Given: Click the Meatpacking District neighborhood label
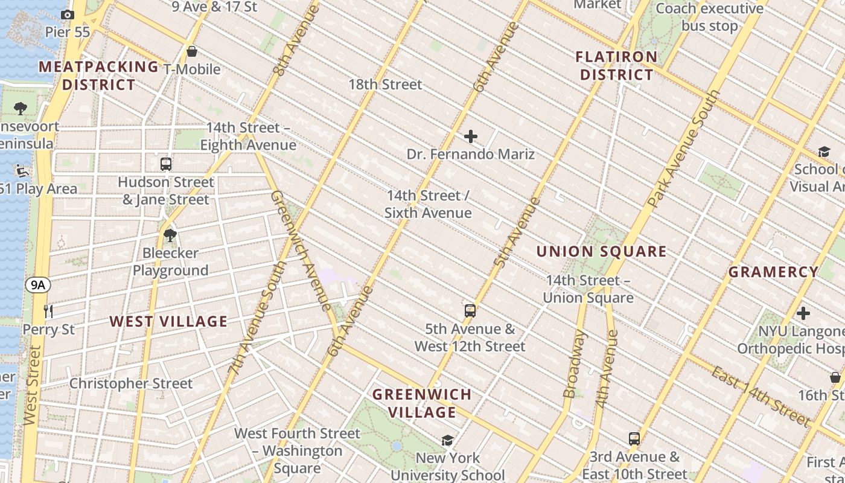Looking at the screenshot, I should [x=99, y=75].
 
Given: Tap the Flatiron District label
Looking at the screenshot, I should [x=616, y=66].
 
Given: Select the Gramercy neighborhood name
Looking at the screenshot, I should [x=773, y=272].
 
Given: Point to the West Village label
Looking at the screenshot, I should [x=168, y=321].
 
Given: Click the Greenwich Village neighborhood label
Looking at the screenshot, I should [x=422, y=403].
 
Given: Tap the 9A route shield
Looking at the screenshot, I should [x=38, y=285].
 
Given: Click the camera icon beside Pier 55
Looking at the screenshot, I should [x=68, y=14].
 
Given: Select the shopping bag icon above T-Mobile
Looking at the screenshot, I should [x=192, y=51].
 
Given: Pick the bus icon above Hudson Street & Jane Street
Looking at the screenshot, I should [x=166, y=164].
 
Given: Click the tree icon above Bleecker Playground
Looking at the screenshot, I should [x=170, y=235].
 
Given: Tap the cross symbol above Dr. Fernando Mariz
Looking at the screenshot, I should [x=471, y=136].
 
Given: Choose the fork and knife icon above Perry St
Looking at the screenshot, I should [x=49, y=312].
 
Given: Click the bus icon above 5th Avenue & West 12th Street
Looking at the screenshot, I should [x=470, y=311].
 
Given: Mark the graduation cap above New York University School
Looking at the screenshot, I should [x=447, y=440].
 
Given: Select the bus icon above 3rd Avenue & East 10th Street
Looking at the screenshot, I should [x=634, y=439].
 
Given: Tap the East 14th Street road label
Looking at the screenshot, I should [x=760, y=396].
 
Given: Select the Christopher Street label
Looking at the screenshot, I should [x=131, y=383].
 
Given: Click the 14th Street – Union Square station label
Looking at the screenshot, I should [x=588, y=289].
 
